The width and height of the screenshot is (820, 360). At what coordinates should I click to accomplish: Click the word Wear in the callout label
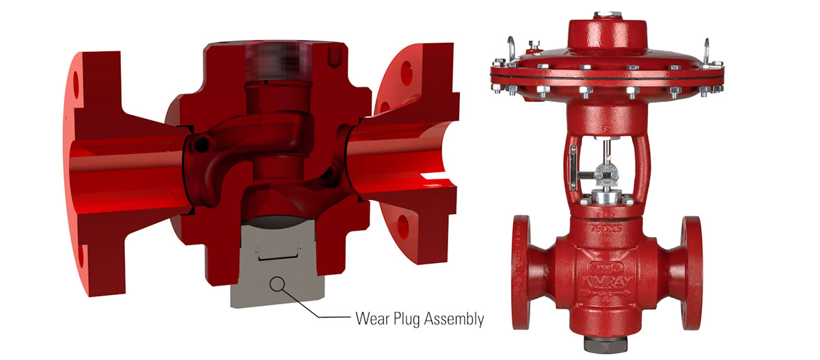point(370,318)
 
